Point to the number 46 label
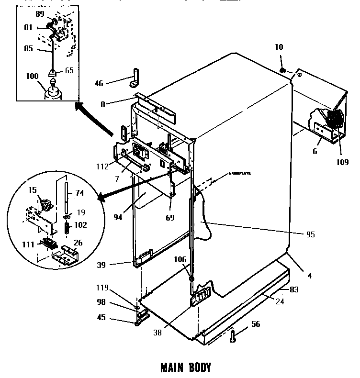pyautogui.click(x=99, y=83)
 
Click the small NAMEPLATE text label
pyautogui.click(x=240, y=174)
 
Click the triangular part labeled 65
pyautogui.click(x=53, y=73)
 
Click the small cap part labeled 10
pyautogui.click(x=282, y=71)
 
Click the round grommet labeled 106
pyautogui.click(x=191, y=279)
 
